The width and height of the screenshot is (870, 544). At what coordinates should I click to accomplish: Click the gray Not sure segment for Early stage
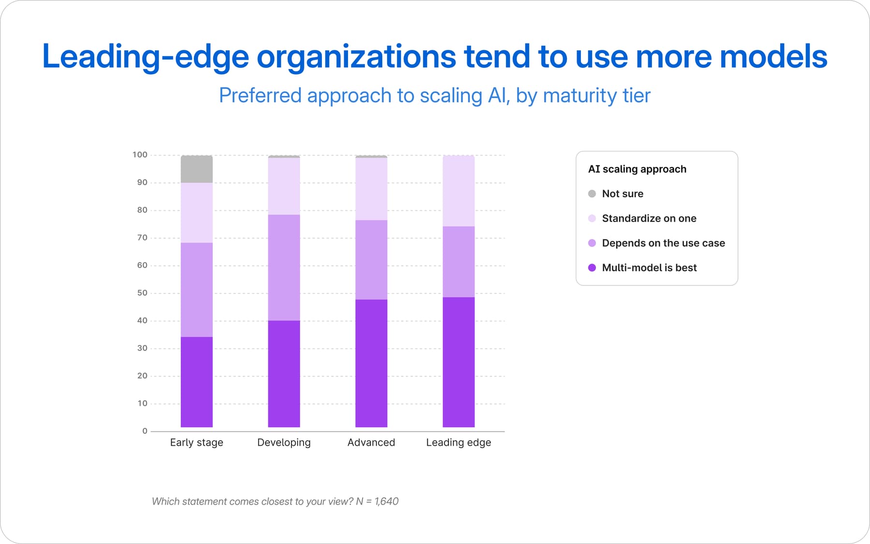pyautogui.click(x=197, y=169)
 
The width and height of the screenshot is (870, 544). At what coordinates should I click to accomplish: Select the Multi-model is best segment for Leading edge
pyautogui.click(x=459, y=362)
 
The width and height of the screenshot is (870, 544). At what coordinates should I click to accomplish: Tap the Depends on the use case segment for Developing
pyautogui.click(x=284, y=267)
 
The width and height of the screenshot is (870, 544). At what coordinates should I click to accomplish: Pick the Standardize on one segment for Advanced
pyautogui.click(x=371, y=189)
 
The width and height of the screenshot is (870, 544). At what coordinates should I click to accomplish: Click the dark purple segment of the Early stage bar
pyautogui.click(x=197, y=382)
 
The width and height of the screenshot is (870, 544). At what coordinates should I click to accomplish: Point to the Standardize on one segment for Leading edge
pyautogui.click(x=459, y=191)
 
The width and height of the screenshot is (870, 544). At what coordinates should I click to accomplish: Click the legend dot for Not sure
pyautogui.click(x=592, y=194)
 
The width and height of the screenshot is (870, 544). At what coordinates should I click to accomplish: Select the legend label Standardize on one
pyautogui.click(x=649, y=219)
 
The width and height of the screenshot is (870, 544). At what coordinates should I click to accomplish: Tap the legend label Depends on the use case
pyautogui.click(x=664, y=243)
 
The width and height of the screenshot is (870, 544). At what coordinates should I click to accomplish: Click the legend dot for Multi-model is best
pyautogui.click(x=592, y=268)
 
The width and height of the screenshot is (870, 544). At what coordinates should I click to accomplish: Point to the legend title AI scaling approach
pyautogui.click(x=637, y=169)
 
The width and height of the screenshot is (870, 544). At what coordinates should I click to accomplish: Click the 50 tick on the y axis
pyautogui.click(x=142, y=293)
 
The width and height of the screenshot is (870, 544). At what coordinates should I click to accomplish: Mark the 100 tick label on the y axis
pyautogui.click(x=140, y=155)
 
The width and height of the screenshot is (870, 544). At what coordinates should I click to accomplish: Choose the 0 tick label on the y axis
pyautogui.click(x=145, y=431)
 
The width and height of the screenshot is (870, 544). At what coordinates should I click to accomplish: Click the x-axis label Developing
pyautogui.click(x=284, y=443)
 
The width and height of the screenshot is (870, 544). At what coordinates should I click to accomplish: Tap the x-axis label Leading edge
pyautogui.click(x=459, y=443)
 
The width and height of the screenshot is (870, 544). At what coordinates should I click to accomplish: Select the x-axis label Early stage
pyautogui.click(x=197, y=443)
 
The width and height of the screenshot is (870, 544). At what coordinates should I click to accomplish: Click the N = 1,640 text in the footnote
pyautogui.click(x=377, y=501)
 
